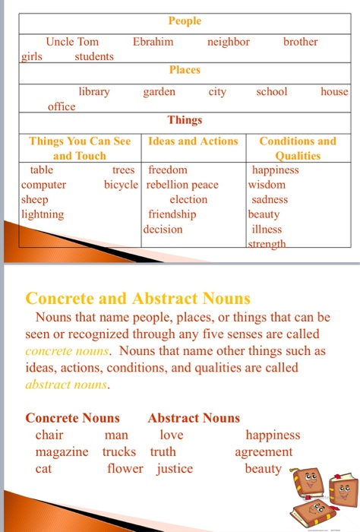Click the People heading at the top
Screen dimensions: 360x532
(x=185, y=21)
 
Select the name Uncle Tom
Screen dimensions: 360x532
(x=72, y=42)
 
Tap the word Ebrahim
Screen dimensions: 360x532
(x=153, y=42)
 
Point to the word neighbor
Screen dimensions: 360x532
(x=228, y=42)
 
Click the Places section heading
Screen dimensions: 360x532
(x=185, y=70)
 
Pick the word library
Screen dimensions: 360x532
(x=94, y=92)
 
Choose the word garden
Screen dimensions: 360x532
(x=159, y=92)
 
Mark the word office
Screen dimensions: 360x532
(x=62, y=106)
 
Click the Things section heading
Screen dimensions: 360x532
(x=185, y=120)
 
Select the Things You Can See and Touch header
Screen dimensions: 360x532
(x=80, y=148)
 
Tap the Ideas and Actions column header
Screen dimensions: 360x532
(x=193, y=141)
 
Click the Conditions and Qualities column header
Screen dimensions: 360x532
(x=298, y=148)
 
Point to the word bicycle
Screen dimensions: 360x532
(x=122, y=185)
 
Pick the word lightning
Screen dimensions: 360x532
(x=43, y=214)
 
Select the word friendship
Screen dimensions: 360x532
(x=172, y=214)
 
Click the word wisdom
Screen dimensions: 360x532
(x=267, y=185)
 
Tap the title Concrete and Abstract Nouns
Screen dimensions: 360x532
(x=138, y=298)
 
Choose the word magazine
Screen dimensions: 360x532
(x=62, y=452)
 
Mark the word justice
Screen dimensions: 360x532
(x=175, y=469)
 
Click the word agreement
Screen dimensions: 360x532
(x=264, y=452)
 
